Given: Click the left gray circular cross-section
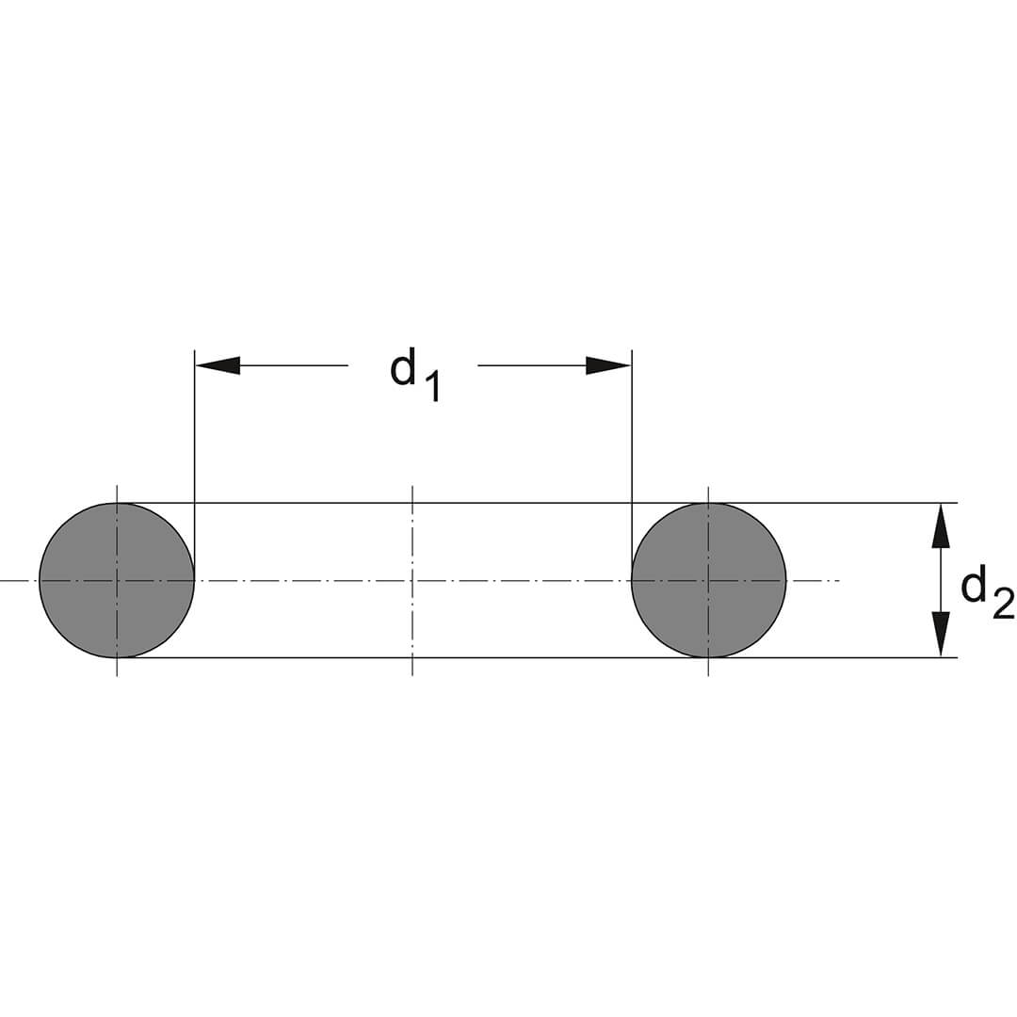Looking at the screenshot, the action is click(x=117, y=580).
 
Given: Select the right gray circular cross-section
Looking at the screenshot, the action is click(x=708, y=580).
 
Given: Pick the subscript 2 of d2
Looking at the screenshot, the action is click(x=1001, y=601).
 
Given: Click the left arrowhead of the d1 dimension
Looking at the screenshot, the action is click(x=218, y=365).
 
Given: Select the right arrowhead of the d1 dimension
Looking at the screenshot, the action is click(x=608, y=365).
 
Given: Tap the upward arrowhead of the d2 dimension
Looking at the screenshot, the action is click(x=941, y=526).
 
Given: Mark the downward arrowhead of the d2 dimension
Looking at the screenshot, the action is click(x=941, y=635).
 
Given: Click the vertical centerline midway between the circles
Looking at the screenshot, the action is click(x=412, y=580).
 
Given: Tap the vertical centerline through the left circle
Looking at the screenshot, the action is click(x=117, y=580).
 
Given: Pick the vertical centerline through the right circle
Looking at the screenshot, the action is click(x=708, y=580).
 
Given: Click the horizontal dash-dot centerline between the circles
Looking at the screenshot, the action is click(x=412, y=580).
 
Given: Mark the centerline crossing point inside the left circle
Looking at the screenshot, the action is click(x=117, y=580).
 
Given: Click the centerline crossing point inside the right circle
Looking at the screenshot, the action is click(x=708, y=580).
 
